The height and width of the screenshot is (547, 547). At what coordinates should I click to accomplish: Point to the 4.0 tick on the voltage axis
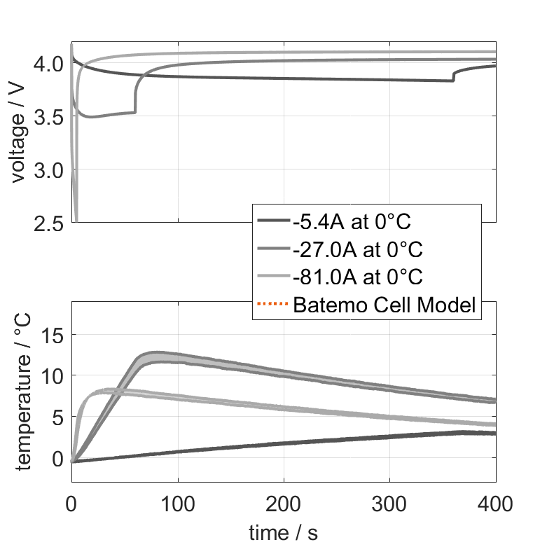49,64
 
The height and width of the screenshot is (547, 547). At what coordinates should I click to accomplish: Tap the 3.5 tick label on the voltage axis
49,117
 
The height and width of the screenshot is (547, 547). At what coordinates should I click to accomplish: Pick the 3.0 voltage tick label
49,170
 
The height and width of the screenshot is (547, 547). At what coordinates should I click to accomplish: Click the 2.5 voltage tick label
49,223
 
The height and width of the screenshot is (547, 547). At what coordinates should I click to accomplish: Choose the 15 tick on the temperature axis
53,335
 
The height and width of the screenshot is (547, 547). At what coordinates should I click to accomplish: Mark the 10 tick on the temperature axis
53,376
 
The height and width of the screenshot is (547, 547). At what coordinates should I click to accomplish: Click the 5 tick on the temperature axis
58,417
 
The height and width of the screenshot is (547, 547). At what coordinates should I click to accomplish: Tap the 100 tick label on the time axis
178,503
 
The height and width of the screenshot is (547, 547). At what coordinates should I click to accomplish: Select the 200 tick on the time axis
284,503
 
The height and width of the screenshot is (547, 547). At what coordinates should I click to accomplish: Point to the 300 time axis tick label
389,503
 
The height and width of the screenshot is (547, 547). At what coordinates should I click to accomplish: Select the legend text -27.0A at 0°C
357,250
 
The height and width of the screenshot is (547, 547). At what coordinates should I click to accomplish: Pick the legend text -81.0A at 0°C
357,277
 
